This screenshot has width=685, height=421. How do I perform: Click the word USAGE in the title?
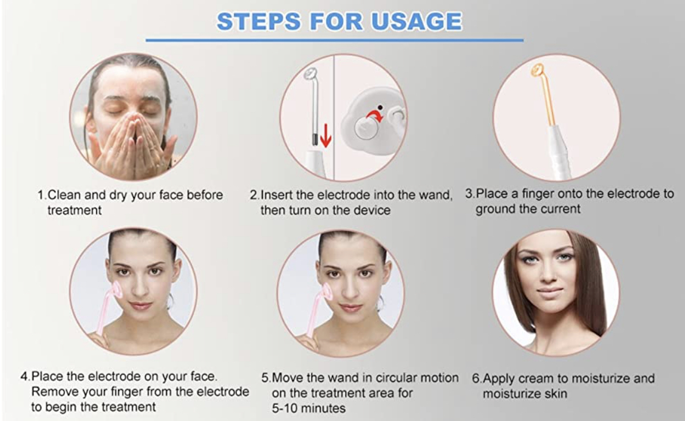417,21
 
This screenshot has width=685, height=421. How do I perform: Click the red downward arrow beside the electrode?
326,136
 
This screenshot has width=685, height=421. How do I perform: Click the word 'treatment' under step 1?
74,210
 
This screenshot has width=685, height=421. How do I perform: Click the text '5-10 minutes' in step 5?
308,408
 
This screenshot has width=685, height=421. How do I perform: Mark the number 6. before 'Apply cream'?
476,378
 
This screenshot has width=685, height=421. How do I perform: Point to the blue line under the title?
335,40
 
